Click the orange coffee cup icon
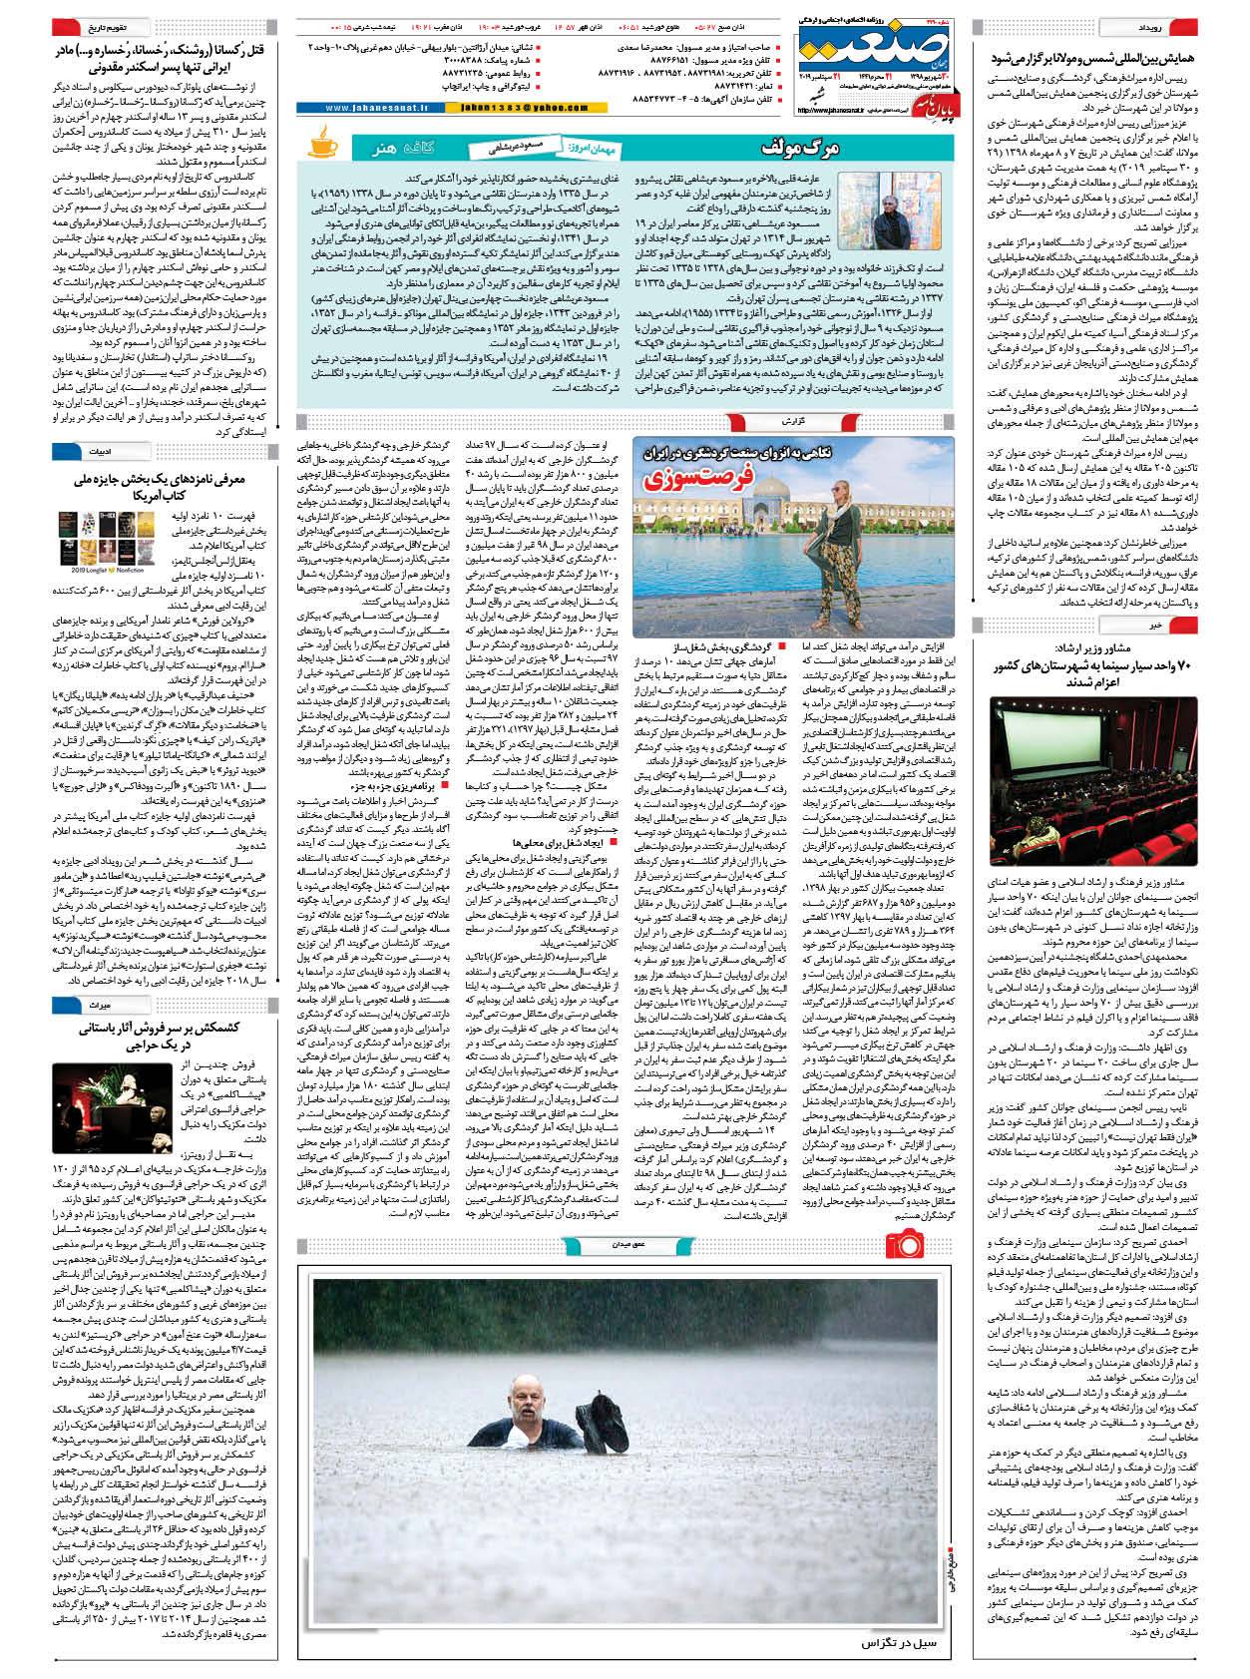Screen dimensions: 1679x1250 coord(322,142)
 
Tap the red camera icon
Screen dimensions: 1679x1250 coord(905,1245)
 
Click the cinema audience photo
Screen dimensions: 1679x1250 coord(1092,781)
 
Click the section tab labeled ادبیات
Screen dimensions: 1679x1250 coord(100,452)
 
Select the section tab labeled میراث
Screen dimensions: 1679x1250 coord(100,1005)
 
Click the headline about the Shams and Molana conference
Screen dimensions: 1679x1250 coord(1091,60)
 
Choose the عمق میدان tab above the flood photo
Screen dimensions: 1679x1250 coord(628,1244)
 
